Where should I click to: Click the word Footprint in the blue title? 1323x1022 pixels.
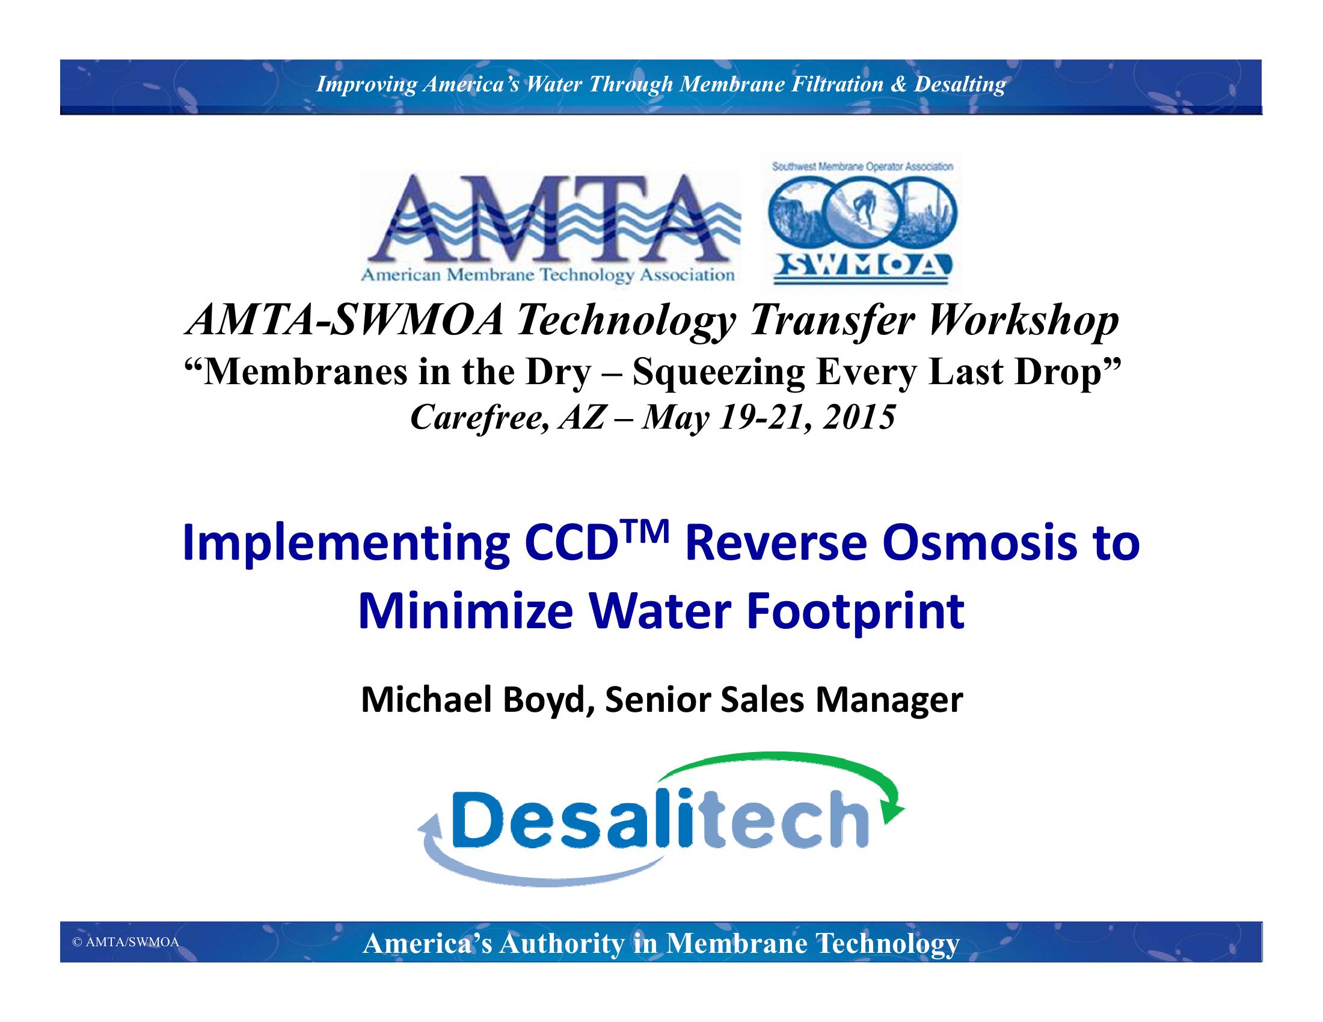tap(855, 613)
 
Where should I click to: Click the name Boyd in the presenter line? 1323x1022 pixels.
tap(547, 701)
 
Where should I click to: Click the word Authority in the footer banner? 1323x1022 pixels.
tap(562, 944)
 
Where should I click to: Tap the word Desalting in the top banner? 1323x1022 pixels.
tap(960, 85)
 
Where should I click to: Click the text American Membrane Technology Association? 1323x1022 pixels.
tap(548, 275)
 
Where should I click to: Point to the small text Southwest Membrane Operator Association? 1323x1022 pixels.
tap(862, 167)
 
